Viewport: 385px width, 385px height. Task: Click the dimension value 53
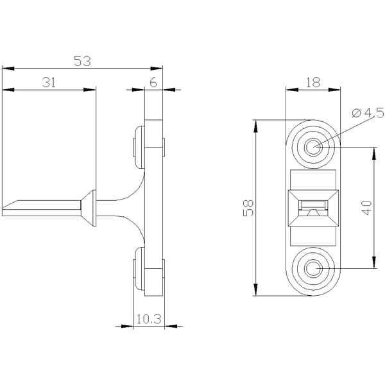click(x=83, y=61)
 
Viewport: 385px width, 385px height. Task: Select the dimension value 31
click(x=49, y=82)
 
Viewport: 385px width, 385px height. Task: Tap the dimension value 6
click(x=153, y=83)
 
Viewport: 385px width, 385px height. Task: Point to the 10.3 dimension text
click(x=149, y=319)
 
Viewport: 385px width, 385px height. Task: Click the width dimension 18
click(x=313, y=82)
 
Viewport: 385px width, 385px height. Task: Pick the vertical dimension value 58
click(x=248, y=208)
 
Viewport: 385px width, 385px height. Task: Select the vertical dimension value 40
click(x=367, y=208)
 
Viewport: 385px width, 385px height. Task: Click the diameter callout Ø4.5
click(x=368, y=112)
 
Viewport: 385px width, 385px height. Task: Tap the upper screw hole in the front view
click(x=313, y=147)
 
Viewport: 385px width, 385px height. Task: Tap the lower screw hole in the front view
click(x=313, y=268)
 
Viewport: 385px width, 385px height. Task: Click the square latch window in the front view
click(x=313, y=208)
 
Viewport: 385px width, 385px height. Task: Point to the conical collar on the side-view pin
click(x=89, y=208)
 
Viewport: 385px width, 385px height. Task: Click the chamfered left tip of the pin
click(x=10, y=205)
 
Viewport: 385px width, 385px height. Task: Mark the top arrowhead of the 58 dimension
click(x=255, y=126)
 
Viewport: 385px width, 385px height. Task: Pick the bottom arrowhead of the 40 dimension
click(x=374, y=262)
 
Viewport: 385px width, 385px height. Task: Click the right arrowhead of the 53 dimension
click(x=157, y=68)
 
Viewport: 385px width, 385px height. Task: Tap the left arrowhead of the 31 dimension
click(x=8, y=90)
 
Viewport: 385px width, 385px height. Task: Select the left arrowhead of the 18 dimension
click(x=292, y=90)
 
